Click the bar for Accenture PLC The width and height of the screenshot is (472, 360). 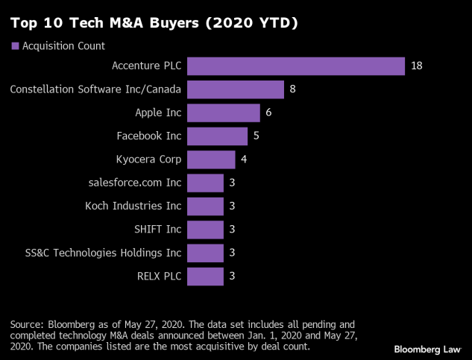296,66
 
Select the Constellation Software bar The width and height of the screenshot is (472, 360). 236,89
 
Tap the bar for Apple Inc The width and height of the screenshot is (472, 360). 224,113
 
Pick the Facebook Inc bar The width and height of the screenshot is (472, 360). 217,136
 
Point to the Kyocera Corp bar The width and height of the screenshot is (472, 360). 211,160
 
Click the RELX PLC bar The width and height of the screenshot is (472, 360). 205,277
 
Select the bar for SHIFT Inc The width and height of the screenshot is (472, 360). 205,230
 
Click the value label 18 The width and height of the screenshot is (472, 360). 417,66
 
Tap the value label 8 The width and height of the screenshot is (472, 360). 293,89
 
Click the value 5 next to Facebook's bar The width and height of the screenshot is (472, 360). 257,136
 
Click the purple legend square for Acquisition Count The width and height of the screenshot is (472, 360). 15,46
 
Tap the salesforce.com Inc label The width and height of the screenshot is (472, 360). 135,183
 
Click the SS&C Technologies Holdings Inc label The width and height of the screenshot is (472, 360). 103,253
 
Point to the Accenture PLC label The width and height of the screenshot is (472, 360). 146,66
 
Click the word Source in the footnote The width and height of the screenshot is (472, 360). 28,324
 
